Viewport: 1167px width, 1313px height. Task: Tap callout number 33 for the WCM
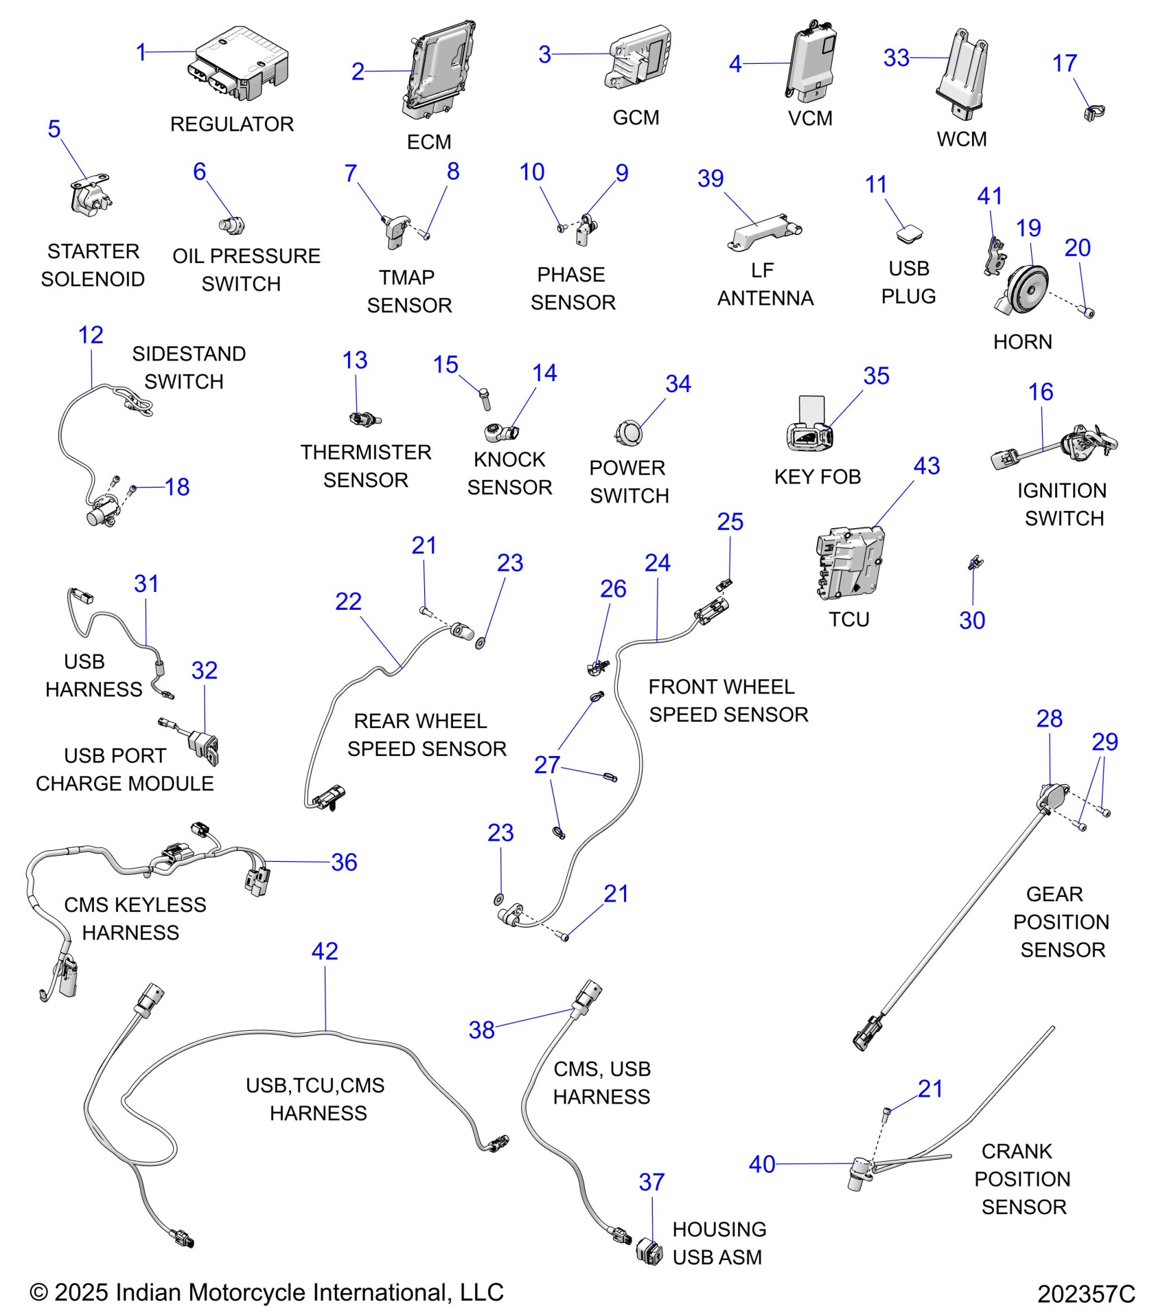point(896,58)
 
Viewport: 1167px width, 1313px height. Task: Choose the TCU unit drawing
point(850,563)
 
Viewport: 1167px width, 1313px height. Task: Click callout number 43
point(926,466)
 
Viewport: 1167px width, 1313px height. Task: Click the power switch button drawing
point(627,433)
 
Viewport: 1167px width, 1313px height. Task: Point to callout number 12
point(91,335)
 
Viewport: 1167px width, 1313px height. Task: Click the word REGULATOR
point(231,124)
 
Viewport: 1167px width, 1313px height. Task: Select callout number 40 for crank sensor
point(762,1165)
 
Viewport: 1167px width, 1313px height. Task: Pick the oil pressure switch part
point(231,225)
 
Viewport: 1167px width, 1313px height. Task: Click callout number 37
point(651,1182)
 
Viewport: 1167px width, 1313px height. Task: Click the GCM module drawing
point(638,58)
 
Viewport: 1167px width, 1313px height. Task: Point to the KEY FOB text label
point(817,477)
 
